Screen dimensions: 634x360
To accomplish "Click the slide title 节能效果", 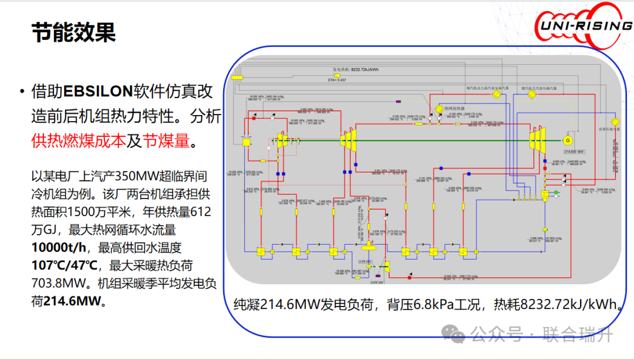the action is click(x=73, y=32).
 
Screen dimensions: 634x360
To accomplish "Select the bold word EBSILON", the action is click(x=97, y=92).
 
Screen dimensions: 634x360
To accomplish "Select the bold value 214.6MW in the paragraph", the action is click(x=73, y=301).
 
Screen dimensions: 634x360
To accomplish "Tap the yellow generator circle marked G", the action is click(x=567, y=140).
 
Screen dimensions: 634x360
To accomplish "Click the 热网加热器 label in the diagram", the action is click(x=454, y=109).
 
